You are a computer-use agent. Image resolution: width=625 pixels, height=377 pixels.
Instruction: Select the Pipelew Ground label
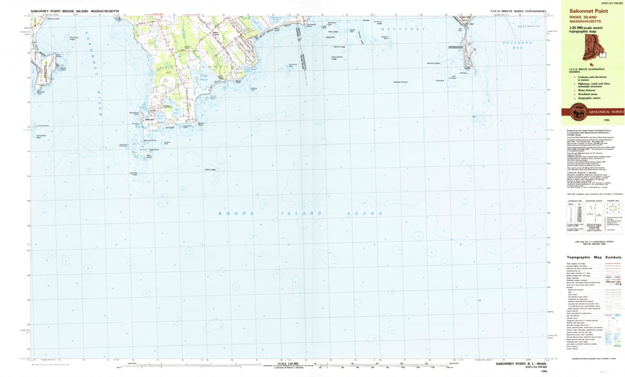pyautogui.click(x=400, y=82)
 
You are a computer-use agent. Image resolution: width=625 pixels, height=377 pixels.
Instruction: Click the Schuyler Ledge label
pyautogui.click(x=134, y=174)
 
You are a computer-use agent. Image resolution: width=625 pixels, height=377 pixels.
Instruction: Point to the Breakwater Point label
pyautogui.click(x=134, y=113)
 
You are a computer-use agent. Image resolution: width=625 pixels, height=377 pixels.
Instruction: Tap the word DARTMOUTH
pyautogui.click(x=529, y=26)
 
